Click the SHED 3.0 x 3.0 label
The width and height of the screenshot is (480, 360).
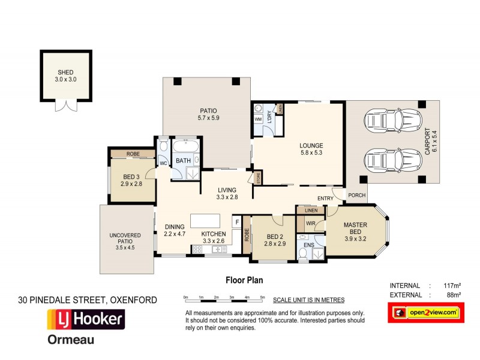[67, 75]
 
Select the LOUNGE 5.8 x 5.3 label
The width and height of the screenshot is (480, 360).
[311, 149]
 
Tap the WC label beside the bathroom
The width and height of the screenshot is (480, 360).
[163, 163]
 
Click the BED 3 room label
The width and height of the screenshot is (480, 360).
[131, 180]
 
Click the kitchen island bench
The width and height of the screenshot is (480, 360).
[205, 220]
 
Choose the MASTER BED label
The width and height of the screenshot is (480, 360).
[355, 229]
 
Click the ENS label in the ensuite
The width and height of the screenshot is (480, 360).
[308, 245]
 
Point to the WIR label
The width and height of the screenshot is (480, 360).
[311, 223]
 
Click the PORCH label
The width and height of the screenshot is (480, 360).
[356, 194]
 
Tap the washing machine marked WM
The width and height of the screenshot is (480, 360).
[259, 119]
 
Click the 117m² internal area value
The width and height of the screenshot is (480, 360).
[450, 285]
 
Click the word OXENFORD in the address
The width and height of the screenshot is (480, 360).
[134, 299]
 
